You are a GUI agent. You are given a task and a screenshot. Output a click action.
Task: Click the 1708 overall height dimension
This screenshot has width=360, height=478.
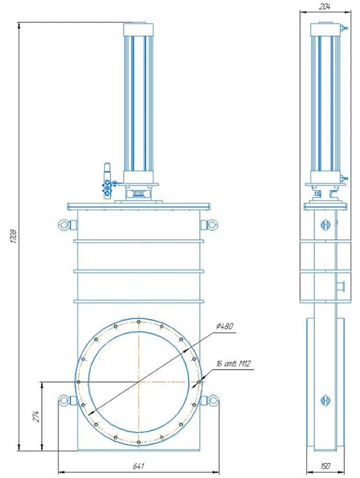(13, 236)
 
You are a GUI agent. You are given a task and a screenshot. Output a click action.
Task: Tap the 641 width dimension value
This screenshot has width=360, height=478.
(138, 466)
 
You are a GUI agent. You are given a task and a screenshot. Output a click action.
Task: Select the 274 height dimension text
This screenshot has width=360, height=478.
(36, 417)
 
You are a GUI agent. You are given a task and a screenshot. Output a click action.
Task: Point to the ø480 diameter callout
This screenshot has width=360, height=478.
(224, 326)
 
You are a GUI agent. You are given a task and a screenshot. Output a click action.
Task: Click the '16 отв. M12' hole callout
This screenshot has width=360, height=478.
(234, 363)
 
